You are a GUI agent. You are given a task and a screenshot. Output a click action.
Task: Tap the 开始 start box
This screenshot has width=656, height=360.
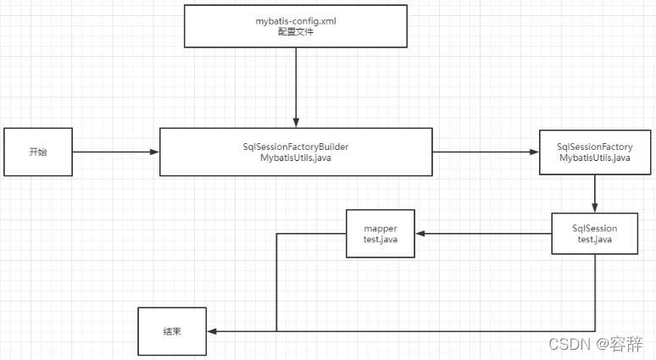tap(37, 152)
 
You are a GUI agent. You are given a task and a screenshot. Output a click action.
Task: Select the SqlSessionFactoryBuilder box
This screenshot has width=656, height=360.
tap(296, 152)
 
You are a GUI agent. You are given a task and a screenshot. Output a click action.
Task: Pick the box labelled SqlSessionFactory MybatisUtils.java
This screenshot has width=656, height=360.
tap(595, 152)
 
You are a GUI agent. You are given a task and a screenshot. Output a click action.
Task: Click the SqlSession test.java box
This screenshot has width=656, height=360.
tap(595, 233)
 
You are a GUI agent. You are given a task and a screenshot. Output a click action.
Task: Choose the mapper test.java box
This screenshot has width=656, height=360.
tap(381, 233)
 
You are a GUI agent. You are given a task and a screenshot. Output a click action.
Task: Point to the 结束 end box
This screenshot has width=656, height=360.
tap(172, 330)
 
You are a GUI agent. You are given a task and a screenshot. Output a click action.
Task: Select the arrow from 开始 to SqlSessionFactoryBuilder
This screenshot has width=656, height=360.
tap(115, 152)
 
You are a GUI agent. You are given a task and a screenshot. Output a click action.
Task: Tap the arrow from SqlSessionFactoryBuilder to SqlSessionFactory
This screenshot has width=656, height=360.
tap(486, 152)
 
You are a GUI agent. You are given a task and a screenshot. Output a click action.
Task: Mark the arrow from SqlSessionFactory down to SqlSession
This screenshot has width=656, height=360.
tap(595, 194)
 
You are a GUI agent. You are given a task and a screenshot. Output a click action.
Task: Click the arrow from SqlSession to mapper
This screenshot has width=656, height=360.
tap(483, 233)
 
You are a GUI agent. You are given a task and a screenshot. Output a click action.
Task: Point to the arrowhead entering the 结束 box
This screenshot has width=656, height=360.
tap(211, 330)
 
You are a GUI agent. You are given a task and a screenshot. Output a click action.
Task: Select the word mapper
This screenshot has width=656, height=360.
tap(381, 228)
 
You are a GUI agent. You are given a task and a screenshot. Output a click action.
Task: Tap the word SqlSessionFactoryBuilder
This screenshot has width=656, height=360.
tap(296, 147)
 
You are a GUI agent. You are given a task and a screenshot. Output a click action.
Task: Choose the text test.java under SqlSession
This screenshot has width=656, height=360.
tap(595, 240)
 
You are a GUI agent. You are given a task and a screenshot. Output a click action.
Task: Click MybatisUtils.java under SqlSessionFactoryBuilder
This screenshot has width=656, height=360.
tap(296, 158)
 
